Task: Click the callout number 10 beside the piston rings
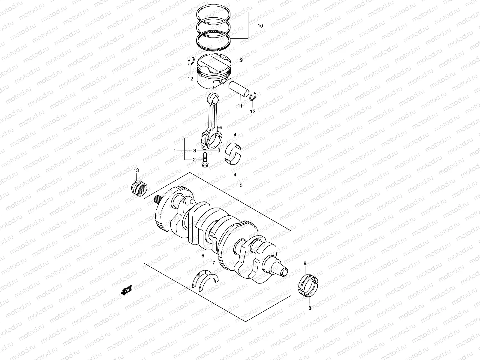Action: [260, 26]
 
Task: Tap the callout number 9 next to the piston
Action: [241, 60]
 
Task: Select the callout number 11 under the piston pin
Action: [240, 106]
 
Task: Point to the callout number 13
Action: [136, 170]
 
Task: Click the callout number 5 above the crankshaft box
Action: [241, 185]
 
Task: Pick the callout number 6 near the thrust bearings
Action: [203, 256]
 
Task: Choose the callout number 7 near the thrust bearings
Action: [213, 263]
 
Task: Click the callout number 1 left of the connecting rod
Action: [175, 151]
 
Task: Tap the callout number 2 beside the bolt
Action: [194, 160]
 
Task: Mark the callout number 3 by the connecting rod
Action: [194, 151]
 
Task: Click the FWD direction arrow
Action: [127, 290]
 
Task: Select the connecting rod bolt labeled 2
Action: [205, 160]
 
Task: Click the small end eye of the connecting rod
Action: [213, 98]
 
